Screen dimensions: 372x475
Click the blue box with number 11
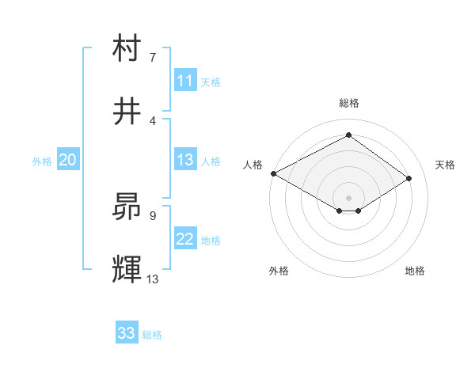[x=185, y=81]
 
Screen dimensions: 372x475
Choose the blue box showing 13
[x=185, y=160]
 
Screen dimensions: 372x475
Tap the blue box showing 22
[x=185, y=239]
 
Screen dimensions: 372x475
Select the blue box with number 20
[x=68, y=160]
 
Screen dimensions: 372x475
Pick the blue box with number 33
[x=127, y=333]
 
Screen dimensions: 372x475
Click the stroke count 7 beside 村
[x=153, y=57]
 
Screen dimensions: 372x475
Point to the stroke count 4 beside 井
[x=153, y=120]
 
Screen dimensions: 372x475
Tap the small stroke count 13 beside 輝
[x=153, y=279]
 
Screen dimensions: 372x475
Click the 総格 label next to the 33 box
[x=152, y=335]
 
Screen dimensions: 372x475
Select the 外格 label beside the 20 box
[x=42, y=161]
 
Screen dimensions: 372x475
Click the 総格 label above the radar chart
[x=349, y=103]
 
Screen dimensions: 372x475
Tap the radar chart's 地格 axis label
[x=415, y=271]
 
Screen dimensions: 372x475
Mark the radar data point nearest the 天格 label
[x=409, y=179]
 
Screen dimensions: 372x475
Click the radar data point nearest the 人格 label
[x=273, y=173]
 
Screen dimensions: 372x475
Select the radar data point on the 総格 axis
[x=348, y=135]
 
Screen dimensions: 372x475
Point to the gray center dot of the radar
[x=348, y=197]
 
